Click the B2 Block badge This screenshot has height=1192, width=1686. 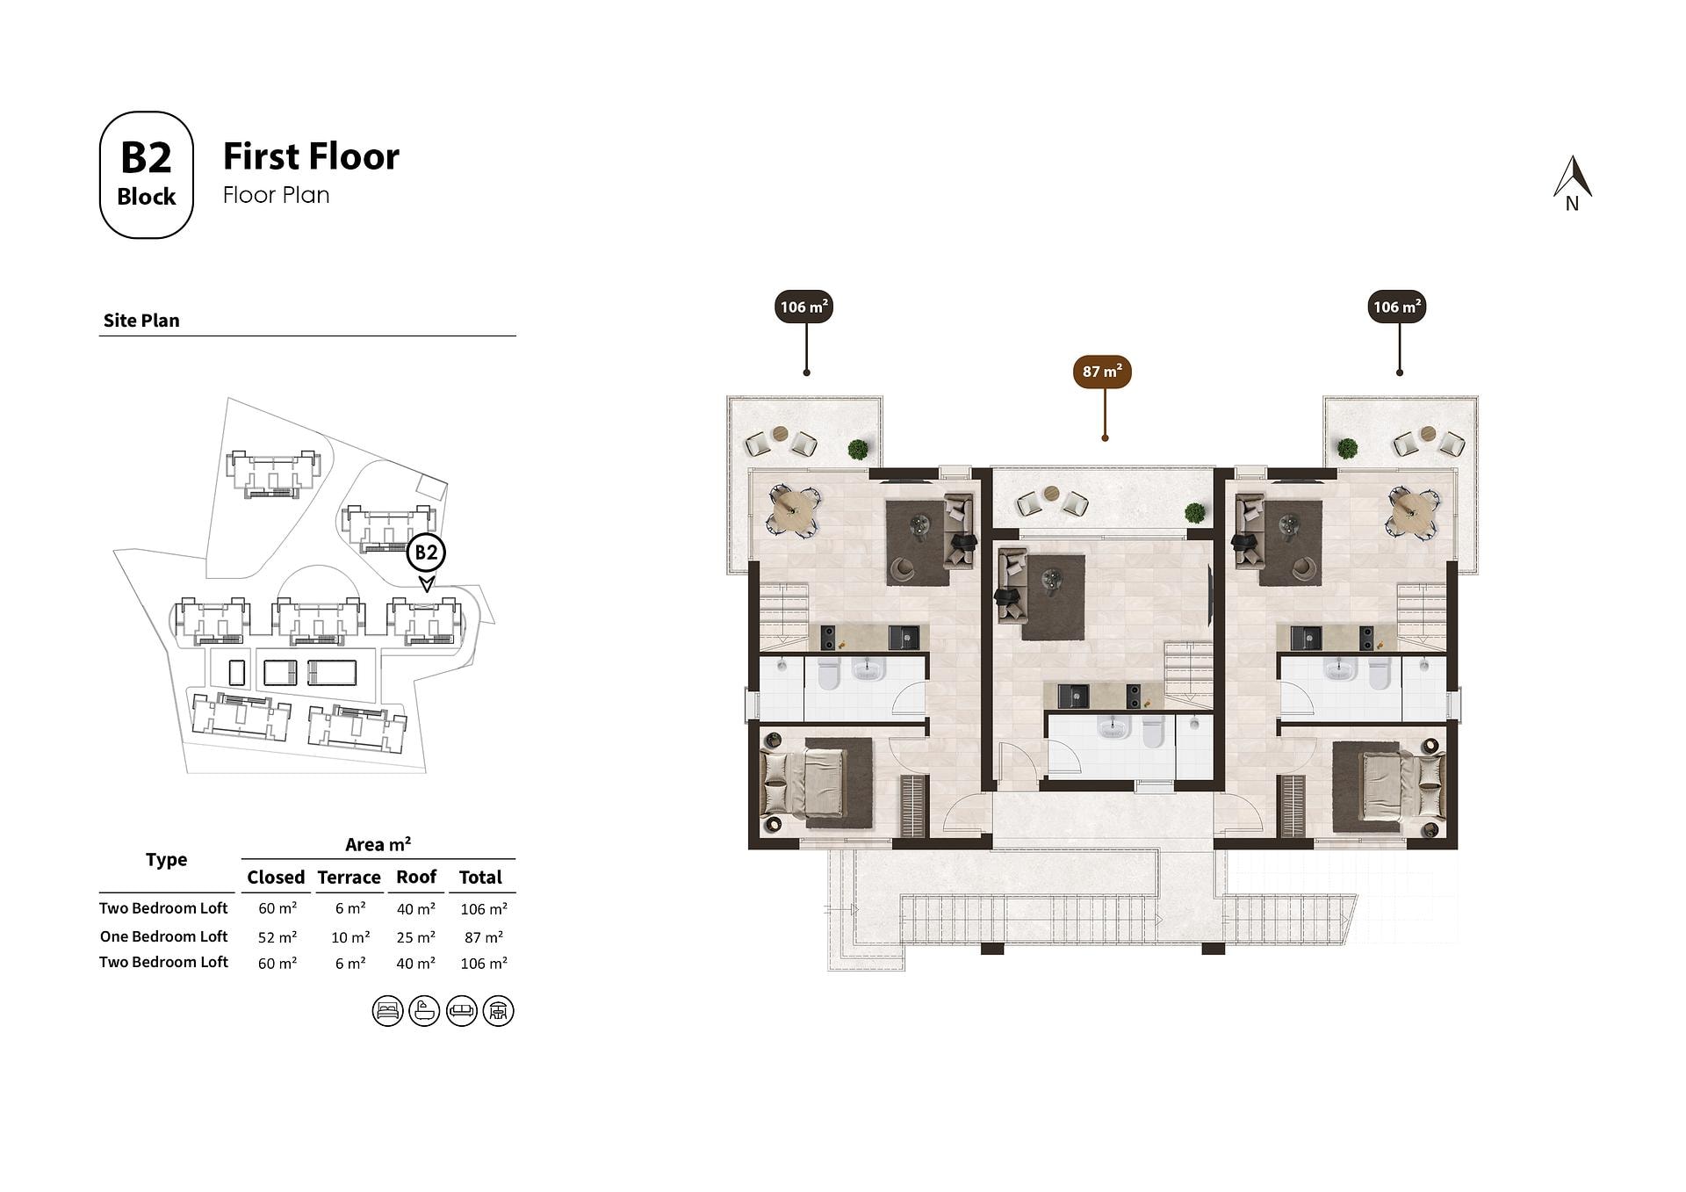click(x=146, y=175)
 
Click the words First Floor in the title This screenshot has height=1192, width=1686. click(x=311, y=156)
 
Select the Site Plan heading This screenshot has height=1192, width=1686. click(x=141, y=321)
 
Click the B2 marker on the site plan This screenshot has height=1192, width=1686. click(x=426, y=553)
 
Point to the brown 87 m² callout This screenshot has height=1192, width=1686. click(x=1102, y=372)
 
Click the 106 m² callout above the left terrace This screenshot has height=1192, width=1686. click(x=804, y=307)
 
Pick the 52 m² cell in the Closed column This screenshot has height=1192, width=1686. click(x=277, y=937)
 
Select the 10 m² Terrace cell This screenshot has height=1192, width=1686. click(x=350, y=937)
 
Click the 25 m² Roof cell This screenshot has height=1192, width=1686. click(x=416, y=937)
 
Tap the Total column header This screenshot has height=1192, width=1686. click(x=480, y=877)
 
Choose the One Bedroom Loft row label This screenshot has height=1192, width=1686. click(x=163, y=936)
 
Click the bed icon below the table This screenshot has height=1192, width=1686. click(x=387, y=1011)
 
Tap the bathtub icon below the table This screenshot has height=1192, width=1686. click(x=424, y=1011)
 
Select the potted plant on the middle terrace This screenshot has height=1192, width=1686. click(x=1194, y=512)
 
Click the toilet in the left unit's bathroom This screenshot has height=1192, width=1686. click(x=829, y=673)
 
